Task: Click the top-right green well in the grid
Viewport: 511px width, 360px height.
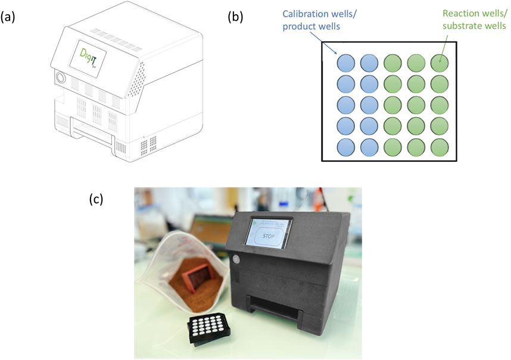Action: (439, 62)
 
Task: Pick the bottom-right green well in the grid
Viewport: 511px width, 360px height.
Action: (439, 146)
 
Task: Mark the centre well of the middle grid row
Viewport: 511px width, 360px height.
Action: (392, 104)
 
